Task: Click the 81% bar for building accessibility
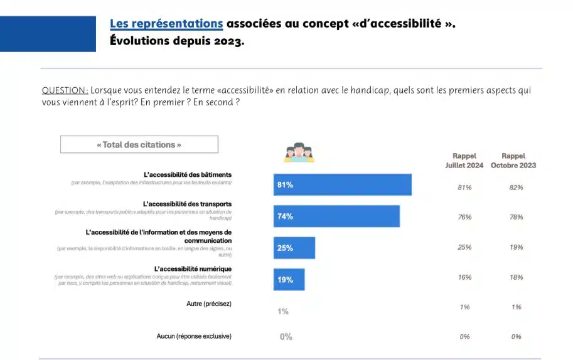coord(342,185)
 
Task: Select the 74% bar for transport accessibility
coord(336,216)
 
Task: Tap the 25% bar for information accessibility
coord(294,248)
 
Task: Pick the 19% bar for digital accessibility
coord(289,280)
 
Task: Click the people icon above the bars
coord(298,152)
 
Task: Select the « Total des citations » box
coord(139,145)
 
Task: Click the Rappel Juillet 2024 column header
coord(464,161)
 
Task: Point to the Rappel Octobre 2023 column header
coord(513,161)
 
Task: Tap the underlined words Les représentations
coord(166,24)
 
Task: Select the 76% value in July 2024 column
coord(464,217)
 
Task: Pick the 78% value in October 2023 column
coord(516,217)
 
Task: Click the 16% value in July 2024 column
coord(464,277)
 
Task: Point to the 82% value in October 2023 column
coord(516,188)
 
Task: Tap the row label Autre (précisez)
coord(209,304)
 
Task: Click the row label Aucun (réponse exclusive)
coord(194,336)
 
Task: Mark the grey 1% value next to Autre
coord(283,312)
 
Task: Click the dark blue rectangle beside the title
coord(48,34)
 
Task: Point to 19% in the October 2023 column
coord(516,247)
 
